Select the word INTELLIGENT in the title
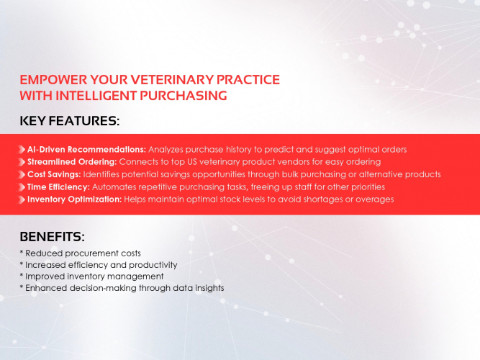pyautogui.click(x=101, y=96)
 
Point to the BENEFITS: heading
pyautogui.click(x=53, y=236)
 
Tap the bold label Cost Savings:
pyautogui.click(x=54, y=174)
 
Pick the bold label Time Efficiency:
pyautogui.click(x=58, y=186)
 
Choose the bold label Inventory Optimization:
pyautogui.click(x=74, y=199)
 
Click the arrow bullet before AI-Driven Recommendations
pyautogui.click(x=22, y=150)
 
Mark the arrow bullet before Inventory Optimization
pyautogui.click(x=22, y=199)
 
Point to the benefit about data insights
pyautogui.click(x=122, y=287)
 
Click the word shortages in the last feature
pyautogui.click(x=326, y=199)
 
